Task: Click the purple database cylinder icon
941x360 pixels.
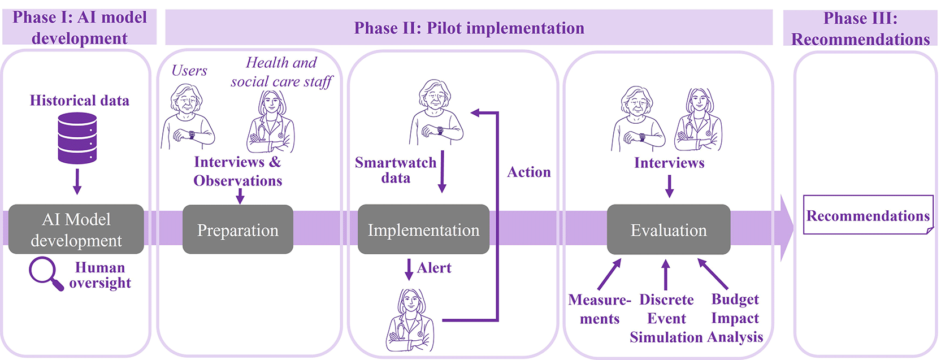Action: [x=77, y=138]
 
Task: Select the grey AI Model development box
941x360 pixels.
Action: [x=76, y=229]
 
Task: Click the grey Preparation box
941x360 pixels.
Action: [x=238, y=229]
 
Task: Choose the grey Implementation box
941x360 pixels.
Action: [x=423, y=229]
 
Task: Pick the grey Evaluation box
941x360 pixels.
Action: [x=669, y=229]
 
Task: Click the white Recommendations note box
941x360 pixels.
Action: [x=868, y=215]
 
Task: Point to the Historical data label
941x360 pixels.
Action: [x=79, y=101]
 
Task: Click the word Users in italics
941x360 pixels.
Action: [x=189, y=70]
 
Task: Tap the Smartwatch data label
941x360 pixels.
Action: [x=396, y=170]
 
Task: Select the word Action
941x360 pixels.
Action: [x=529, y=172]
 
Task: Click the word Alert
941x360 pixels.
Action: [x=435, y=267]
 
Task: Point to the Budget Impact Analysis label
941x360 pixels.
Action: [x=735, y=318]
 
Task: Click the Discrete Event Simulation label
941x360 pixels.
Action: [x=666, y=318]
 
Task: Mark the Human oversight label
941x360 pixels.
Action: [x=100, y=275]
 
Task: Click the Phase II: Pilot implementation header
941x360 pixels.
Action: [x=469, y=28]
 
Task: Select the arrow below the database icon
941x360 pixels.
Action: [x=77, y=181]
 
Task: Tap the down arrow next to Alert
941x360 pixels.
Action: [x=409, y=270]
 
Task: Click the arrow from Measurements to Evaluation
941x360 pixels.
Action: [x=609, y=274]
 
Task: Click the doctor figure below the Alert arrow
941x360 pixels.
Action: [x=410, y=320]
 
